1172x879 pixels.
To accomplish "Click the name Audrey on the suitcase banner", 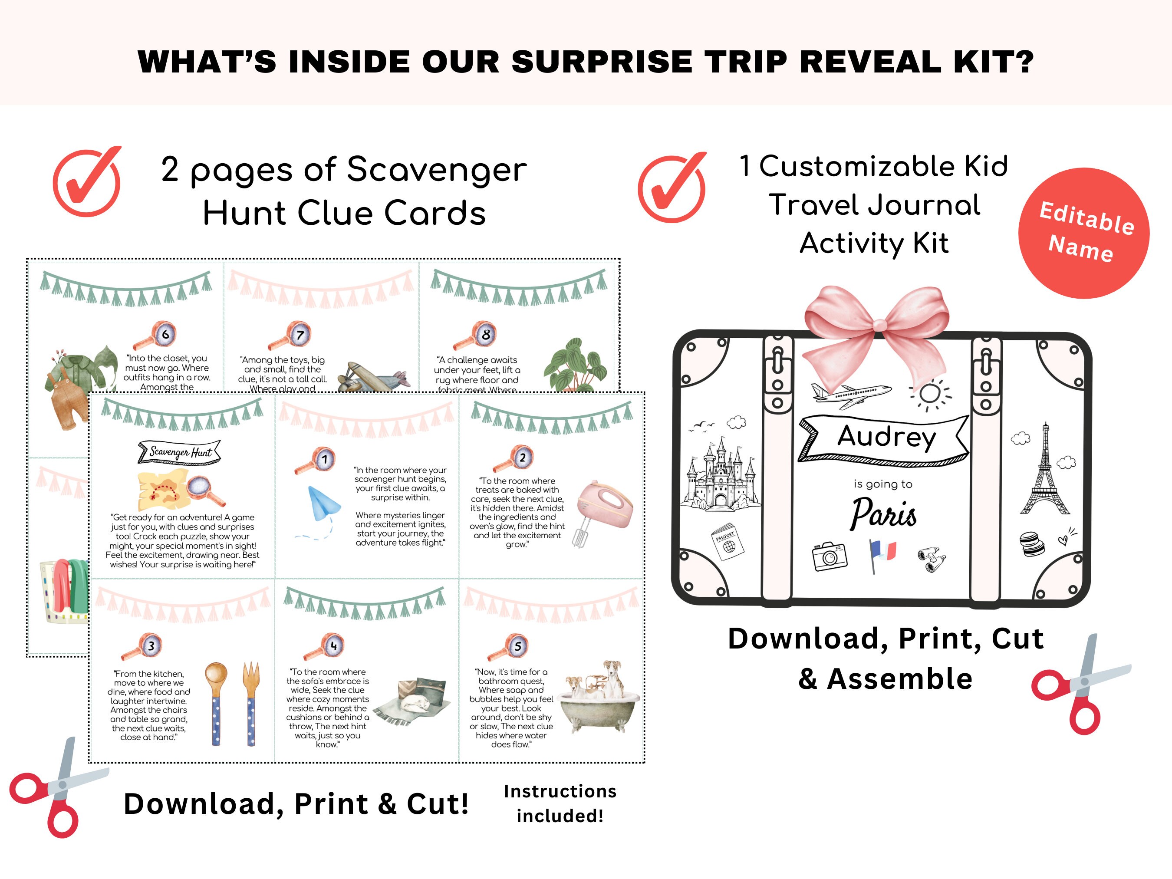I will [x=886, y=437].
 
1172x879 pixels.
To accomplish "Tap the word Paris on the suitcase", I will [x=884, y=513].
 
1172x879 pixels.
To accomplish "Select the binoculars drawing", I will [x=932, y=560].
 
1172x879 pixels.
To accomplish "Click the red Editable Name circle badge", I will [x=1083, y=233].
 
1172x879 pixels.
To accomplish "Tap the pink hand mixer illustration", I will [x=604, y=509].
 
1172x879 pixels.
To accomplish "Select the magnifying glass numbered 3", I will [x=144, y=647].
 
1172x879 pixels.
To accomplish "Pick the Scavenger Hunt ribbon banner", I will [x=179, y=452].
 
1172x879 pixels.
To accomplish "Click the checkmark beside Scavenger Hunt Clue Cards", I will [x=87, y=182].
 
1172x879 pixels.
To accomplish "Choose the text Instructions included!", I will [x=560, y=803].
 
